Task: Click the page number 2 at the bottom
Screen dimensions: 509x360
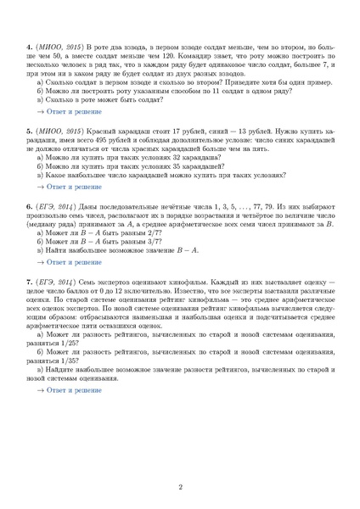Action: click(x=180, y=486)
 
